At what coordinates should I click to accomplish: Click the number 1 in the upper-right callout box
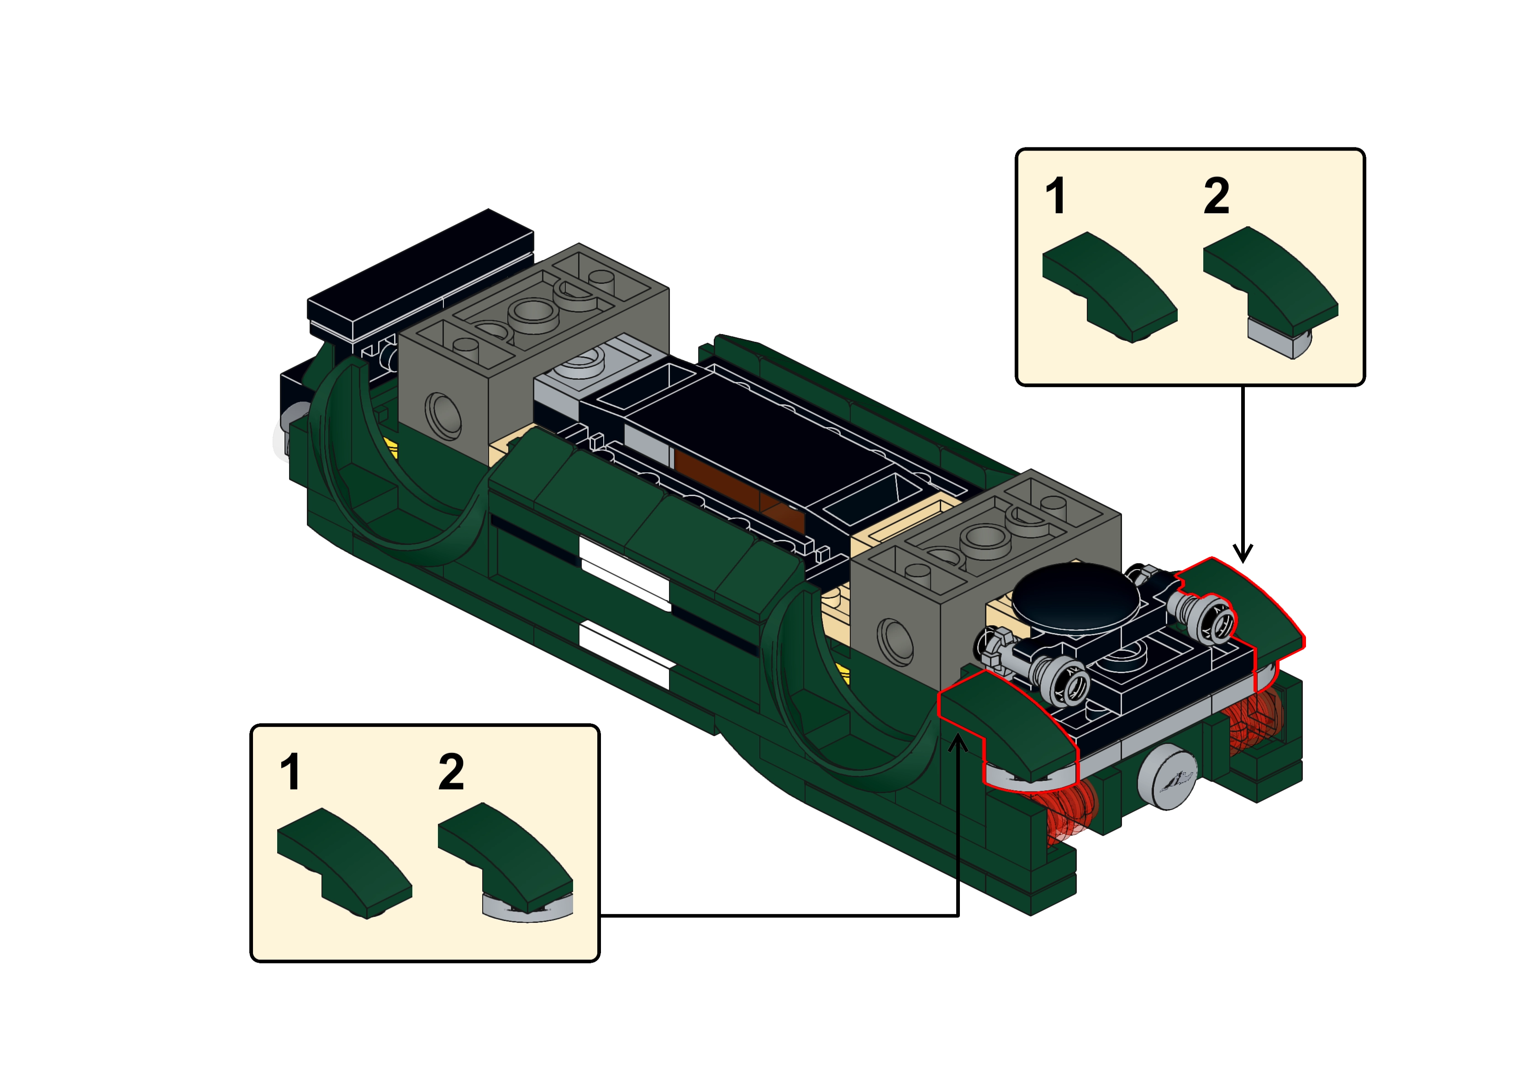click(1055, 196)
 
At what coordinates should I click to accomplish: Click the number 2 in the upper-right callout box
click(1217, 196)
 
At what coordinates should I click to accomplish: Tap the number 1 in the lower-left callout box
click(290, 772)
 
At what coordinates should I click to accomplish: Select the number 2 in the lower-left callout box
click(451, 772)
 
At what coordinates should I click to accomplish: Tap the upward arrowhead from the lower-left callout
click(959, 743)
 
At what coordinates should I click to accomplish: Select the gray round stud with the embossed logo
click(1166, 777)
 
